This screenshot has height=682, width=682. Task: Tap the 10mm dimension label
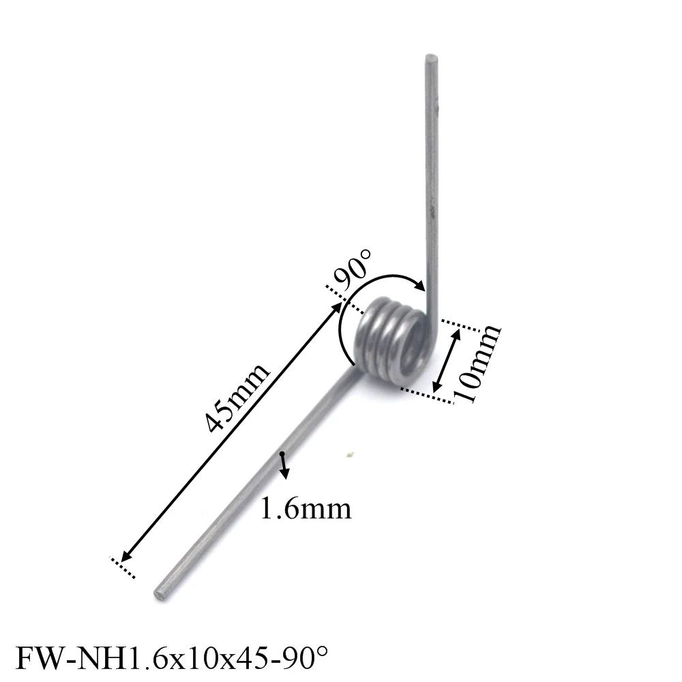click(x=477, y=364)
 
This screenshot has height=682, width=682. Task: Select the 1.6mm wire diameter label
click(x=306, y=508)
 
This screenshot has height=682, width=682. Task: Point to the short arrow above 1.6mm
click(x=283, y=464)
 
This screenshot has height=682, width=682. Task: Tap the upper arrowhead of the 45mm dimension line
click(x=338, y=306)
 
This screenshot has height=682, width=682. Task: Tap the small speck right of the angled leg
click(x=350, y=455)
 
